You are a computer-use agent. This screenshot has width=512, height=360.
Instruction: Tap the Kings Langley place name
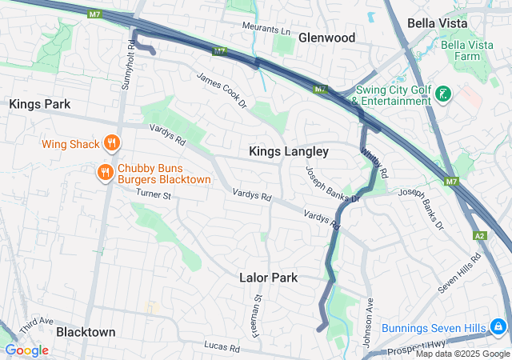pos(289,151)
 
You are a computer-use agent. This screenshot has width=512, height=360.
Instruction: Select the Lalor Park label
pos(269,278)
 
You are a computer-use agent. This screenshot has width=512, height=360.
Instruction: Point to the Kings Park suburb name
pos(40,104)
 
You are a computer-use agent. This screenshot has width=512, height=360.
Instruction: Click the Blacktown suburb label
pos(86,331)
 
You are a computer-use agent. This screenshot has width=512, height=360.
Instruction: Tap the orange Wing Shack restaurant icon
pos(111,144)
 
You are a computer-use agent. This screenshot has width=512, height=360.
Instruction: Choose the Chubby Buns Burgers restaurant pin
pos(105,173)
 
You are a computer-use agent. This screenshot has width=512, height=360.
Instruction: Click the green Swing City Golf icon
pos(442,95)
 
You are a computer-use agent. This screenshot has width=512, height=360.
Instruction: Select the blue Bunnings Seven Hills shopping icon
pos(498,328)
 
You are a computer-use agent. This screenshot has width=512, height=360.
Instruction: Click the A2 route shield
pos(480,235)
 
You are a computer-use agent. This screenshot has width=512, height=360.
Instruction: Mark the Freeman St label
pos(258,314)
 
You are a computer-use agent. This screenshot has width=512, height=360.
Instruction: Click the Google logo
pos(26,350)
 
